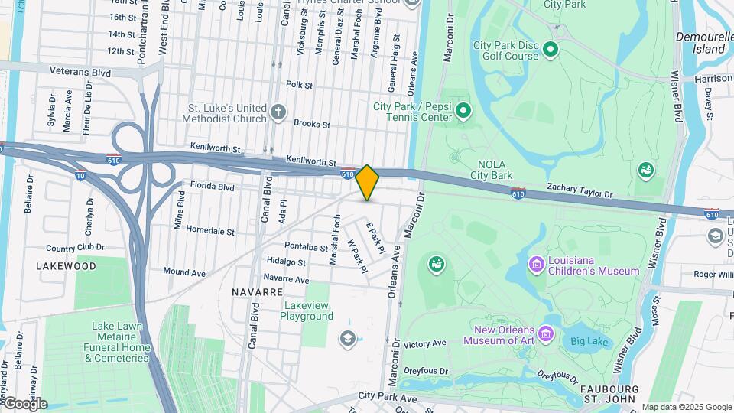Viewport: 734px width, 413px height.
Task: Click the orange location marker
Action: [x=367, y=183]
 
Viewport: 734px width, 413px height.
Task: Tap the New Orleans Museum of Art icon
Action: [x=546, y=333]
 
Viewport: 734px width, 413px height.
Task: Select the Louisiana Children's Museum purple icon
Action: [x=536, y=265]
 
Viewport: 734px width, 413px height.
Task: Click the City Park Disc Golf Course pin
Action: [x=550, y=51]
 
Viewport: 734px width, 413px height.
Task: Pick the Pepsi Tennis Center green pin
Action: [x=463, y=112]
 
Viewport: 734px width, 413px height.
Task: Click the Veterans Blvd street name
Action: [x=80, y=73]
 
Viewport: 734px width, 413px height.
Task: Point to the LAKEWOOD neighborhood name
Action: [x=67, y=266]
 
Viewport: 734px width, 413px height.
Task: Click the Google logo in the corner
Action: [x=24, y=404]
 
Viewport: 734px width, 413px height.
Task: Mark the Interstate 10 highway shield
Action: [x=80, y=176]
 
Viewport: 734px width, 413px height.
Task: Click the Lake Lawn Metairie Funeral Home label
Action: [x=117, y=342]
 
